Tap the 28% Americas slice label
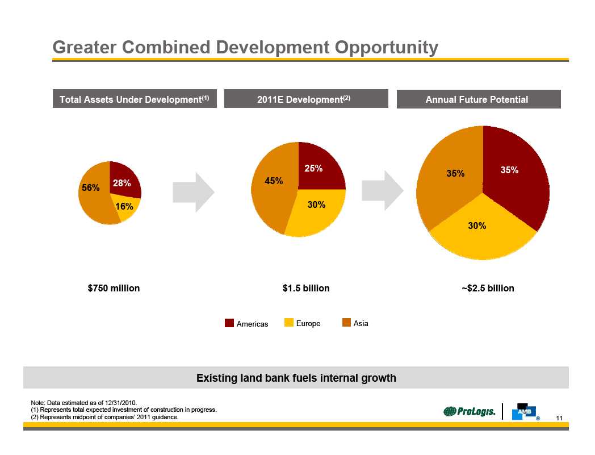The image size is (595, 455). [x=121, y=183]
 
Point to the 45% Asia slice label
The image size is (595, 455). [x=274, y=181]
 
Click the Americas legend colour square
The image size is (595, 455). [x=229, y=323]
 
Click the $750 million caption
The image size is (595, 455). [x=114, y=288]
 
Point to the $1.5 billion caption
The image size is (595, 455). [x=306, y=288]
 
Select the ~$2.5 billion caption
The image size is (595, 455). [x=488, y=288]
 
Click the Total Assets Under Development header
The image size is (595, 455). [x=135, y=99]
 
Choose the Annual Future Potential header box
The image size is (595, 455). [x=478, y=99]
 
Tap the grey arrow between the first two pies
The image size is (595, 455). [x=194, y=193]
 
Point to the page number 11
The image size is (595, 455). [x=559, y=419]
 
